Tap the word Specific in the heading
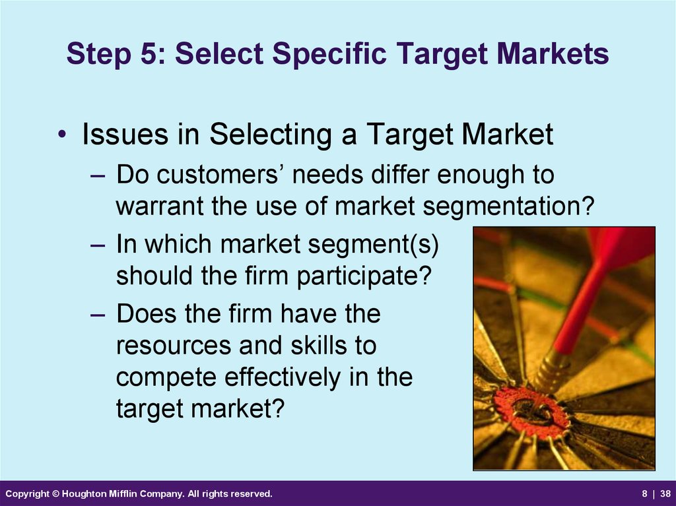pos(329,54)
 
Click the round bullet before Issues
pos(62,134)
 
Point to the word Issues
pos(125,134)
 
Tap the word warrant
pos(160,206)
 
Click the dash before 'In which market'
pos(98,245)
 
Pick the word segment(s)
pos(373,245)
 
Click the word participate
pos(364,276)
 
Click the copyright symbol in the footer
pos(55,494)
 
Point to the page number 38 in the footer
pos(665,494)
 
